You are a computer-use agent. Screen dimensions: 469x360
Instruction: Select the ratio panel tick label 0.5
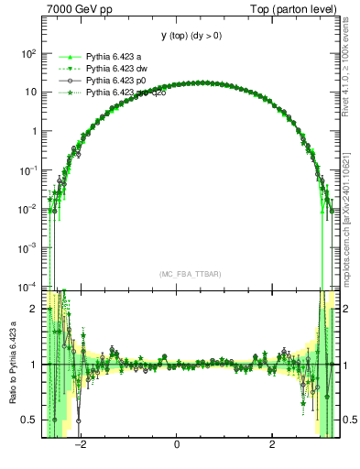(x=29, y=420)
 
